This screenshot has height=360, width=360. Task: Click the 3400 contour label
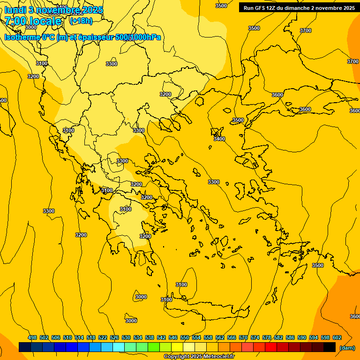click(x=219, y=139)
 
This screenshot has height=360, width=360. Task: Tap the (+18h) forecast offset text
click(x=81, y=21)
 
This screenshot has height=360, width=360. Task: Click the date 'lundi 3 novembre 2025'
click(x=54, y=10)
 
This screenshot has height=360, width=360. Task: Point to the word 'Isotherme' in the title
click(x=21, y=37)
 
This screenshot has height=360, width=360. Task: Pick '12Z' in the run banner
click(x=271, y=8)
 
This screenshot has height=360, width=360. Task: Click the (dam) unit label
click(x=347, y=348)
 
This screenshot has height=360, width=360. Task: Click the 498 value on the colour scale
click(x=32, y=338)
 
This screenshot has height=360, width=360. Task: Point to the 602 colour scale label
click(x=337, y=338)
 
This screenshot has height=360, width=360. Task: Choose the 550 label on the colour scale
click(x=185, y=338)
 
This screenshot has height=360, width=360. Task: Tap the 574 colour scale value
click(x=255, y=338)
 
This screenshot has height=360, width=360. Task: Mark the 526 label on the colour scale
click(x=114, y=338)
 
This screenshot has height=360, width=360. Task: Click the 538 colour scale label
click(x=150, y=338)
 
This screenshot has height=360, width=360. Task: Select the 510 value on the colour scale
click(x=67, y=338)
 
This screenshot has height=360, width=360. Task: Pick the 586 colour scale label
click(x=290, y=338)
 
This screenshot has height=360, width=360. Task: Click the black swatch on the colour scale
click(x=330, y=347)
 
